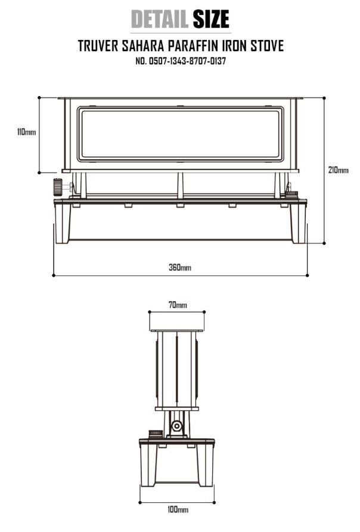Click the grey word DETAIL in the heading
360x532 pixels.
(159, 19)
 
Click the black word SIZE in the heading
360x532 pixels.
(211, 19)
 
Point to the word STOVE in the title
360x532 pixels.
(267, 46)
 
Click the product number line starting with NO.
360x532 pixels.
(181, 61)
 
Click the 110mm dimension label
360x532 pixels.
(26, 132)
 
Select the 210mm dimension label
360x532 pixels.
(338, 169)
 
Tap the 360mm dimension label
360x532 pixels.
(180, 267)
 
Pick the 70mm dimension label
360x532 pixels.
(178, 305)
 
